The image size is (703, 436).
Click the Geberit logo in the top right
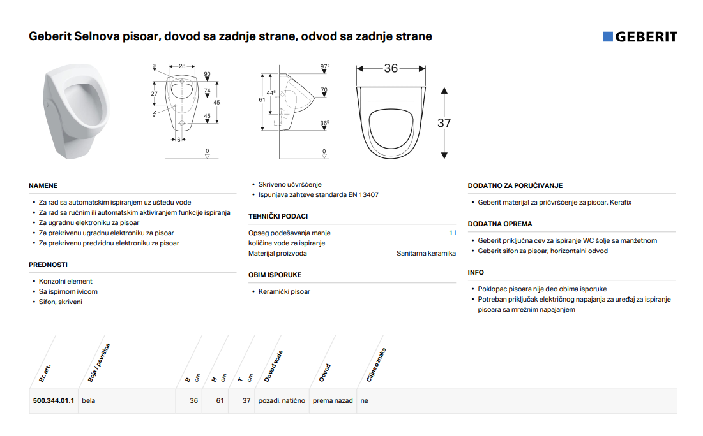(x=640, y=37)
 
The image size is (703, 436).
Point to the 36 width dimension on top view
(x=391, y=68)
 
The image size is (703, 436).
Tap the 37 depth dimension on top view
(x=444, y=123)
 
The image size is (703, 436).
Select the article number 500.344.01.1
(x=54, y=401)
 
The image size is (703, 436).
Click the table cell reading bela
(x=88, y=401)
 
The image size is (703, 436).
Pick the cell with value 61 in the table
(x=220, y=401)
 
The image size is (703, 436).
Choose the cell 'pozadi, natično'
(x=282, y=401)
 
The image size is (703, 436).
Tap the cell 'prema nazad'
(x=333, y=401)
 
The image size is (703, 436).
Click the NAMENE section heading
(x=43, y=185)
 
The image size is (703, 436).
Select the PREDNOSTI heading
(x=48, y=265)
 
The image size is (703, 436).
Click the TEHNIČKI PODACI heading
(x=278, y=216)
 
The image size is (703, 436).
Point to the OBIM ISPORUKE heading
(x=275, y=275)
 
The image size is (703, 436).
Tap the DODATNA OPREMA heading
(x=500, y=224)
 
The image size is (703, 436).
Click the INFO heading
(x=476, y=272)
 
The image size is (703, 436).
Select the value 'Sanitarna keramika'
(x=426, y=253)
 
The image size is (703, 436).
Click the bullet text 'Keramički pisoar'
(x=284, y=291)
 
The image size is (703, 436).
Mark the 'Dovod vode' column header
(x=273, y=366)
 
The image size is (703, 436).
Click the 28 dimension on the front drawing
(x=182, y=66)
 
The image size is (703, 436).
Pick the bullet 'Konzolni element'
(x=66, y=281)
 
